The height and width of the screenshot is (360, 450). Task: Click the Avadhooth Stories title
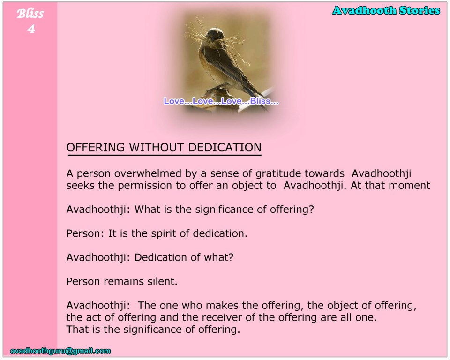386,11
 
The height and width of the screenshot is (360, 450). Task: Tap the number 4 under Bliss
31,29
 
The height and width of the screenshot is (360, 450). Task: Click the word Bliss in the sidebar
30,14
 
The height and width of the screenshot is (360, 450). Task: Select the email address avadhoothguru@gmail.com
60,351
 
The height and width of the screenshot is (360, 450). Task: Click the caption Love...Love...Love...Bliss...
221,101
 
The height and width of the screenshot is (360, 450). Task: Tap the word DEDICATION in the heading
225,147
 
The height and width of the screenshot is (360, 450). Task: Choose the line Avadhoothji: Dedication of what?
150,257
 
